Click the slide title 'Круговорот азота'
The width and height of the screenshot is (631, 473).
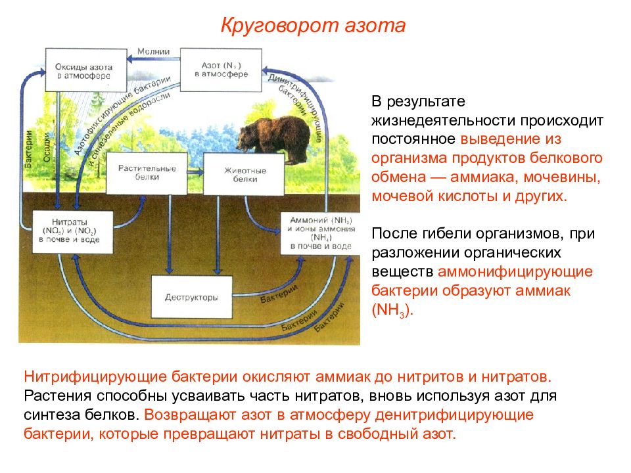313,26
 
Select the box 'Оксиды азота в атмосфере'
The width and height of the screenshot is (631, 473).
86,70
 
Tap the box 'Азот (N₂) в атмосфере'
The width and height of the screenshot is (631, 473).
221,70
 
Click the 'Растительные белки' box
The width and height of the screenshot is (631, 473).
147,173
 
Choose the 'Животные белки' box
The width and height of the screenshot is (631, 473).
245,174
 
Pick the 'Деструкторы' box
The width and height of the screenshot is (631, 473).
191,297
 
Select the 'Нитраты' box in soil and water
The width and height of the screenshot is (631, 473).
72,232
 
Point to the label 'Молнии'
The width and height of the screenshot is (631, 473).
153,51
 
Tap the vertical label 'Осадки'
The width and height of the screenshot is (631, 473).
47,148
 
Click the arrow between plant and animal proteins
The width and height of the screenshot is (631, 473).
196,172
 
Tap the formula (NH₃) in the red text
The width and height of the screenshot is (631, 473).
392,310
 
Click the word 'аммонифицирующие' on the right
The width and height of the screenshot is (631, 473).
515,271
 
